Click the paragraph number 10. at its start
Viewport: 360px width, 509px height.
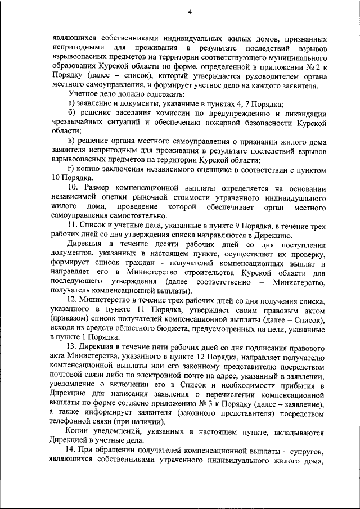[x=73, y=187]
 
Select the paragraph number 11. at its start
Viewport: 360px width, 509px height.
[x=73, y=226]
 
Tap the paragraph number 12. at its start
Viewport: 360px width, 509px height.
[x=73, y=301]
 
